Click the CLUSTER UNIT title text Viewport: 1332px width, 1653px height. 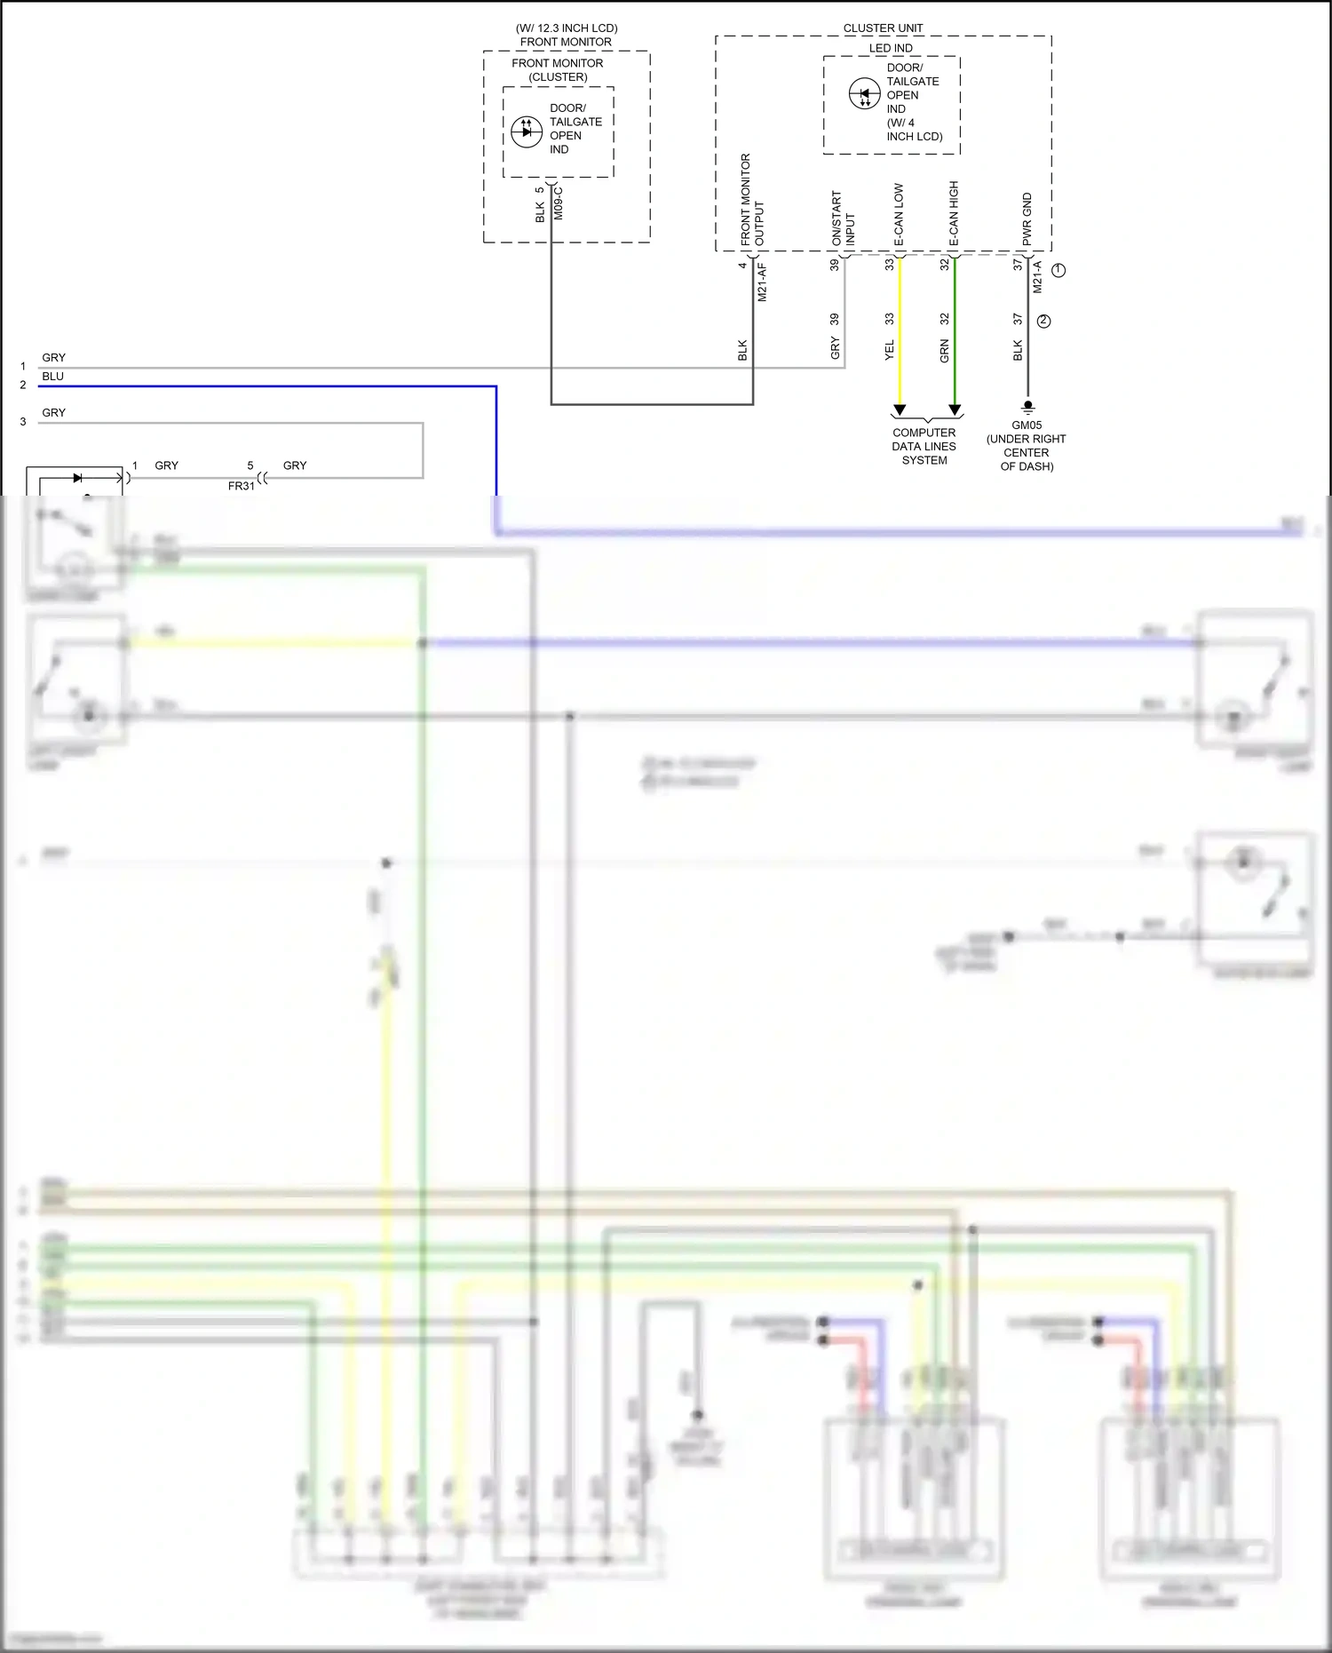tap(883, 28)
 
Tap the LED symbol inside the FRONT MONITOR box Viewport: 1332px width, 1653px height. tap(527, 131)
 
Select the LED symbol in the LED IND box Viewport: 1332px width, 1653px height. tap(864, 94)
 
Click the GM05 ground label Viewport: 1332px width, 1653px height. tap(1027, 425)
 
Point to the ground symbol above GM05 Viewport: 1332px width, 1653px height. tap(1028, 408)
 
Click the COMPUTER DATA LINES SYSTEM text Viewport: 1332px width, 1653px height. tap(924, 447)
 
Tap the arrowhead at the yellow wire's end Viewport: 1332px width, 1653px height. tap(900, 410)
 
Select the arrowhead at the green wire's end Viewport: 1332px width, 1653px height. tap(955, 410)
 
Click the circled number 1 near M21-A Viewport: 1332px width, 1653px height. tap(1058, 270)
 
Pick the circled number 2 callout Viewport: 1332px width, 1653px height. tap(1043, 322)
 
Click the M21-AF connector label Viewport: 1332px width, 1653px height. tap(762, 282)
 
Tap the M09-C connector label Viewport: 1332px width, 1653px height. tap(558, 203)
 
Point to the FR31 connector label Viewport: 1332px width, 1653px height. tap(241, 486)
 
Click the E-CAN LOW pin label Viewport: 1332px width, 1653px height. tap(899, 215)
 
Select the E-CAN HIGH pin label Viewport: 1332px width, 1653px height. tap(954, 213)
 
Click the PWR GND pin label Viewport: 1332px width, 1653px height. tap(1027, 219)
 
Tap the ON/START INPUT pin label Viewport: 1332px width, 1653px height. tap(843, 219)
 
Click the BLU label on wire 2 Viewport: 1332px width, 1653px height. tap(52, 377)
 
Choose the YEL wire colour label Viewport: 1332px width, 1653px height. tap(890, 350)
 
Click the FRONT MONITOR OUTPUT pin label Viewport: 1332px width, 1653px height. tap(752, 201)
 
